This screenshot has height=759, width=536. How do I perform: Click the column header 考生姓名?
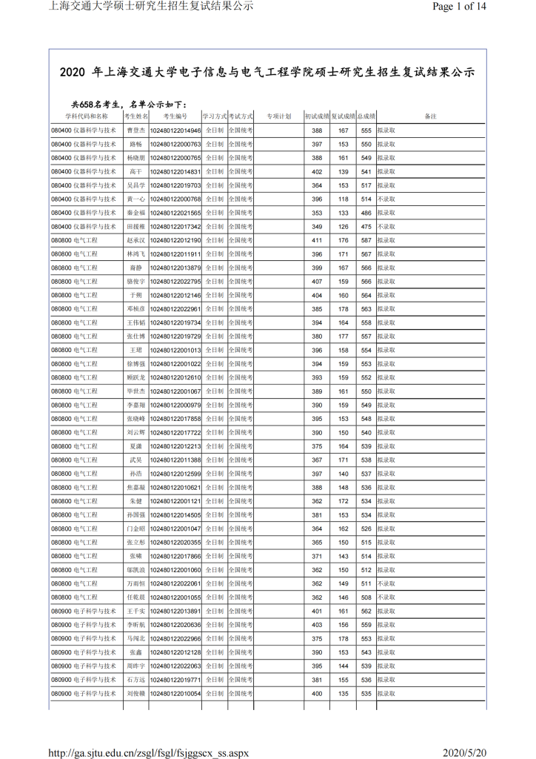tap(136, 116)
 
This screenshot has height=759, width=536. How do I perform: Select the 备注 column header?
tap(431, 116)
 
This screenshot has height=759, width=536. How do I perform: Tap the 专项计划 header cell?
tap(278, 116)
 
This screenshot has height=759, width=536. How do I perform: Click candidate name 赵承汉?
tap(136, 240)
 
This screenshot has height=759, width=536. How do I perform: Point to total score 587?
tap(366, 240)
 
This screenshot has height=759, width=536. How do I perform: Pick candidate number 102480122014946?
tap(175, 130)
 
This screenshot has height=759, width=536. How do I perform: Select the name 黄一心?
tap(136, 199)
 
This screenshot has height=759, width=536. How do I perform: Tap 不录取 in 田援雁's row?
tap(386, 227)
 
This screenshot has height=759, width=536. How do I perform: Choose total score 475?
tap(366, 227)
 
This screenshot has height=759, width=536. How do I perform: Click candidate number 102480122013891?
tap(175, 611)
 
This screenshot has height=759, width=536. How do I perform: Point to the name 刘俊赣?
tap(136, 694)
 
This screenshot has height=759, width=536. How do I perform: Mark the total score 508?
tap(366, 597)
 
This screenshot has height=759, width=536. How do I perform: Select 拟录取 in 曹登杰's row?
tap(386, 130)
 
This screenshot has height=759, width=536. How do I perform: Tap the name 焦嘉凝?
tap(136, 488)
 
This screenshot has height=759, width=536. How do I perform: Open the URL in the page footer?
tap(148, 752)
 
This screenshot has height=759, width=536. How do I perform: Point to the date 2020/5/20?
tap(464, 752)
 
